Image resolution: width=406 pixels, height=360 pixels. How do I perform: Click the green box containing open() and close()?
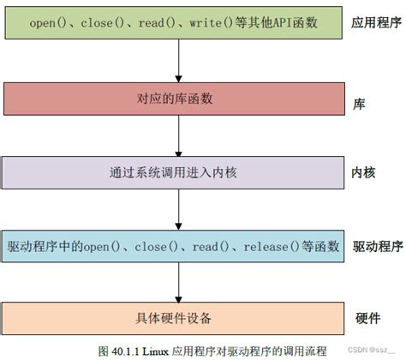(x=176, y=23)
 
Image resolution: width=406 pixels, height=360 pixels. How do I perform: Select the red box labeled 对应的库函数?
(x=176, y=99)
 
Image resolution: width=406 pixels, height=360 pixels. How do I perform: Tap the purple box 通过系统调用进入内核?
(x=176, y=173)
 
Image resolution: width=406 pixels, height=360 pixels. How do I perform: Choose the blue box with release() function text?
(x=176, y=247)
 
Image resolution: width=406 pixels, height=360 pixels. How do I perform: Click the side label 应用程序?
(x=376, y=23)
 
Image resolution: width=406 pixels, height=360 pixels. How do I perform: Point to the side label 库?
(x=360, y=101)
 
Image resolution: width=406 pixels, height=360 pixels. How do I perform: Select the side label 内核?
(x=365, y=173)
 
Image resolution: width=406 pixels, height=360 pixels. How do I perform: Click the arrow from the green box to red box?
(x=176, y=62)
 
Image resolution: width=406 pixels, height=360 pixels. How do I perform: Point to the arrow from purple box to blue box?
(x=176, y=210)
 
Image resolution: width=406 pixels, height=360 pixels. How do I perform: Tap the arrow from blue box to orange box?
(x=176, y=283)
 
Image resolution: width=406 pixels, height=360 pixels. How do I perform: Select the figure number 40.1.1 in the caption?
(x=126, y=351)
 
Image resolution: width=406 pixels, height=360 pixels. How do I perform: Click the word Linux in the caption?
(x=157, y=351)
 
